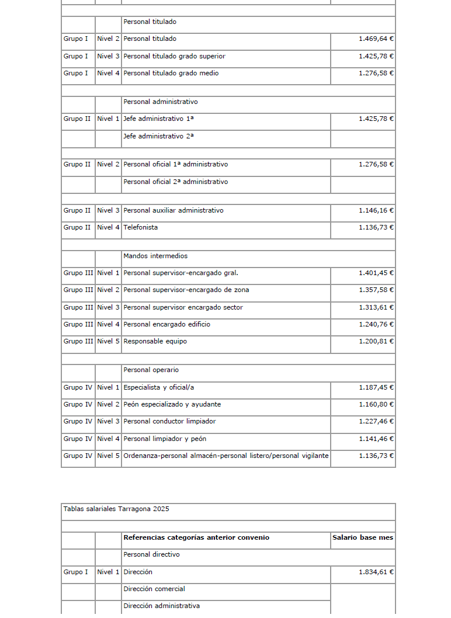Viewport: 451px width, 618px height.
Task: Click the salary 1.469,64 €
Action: click(376, 39)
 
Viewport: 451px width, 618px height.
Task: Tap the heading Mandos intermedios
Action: click(155, 256)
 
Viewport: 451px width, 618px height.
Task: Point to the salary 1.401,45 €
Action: click(376, 273)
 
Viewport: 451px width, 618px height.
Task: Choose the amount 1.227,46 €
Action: click(376, 422)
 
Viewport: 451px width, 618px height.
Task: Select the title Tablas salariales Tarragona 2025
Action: click(116, 509)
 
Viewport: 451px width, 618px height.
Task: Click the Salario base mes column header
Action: click(363, 538)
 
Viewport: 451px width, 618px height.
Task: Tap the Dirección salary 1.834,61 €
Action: click(376, 572)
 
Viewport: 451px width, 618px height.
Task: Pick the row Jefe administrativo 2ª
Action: click(158, 136)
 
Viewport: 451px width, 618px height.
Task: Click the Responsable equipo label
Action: click(155, 342)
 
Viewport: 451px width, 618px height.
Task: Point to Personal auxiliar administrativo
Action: click(173, 211)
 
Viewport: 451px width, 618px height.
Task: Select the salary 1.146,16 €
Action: click(376, 211)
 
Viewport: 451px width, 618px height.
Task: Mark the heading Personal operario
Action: click(151, 370)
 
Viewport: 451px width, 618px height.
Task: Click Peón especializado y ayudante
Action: click(172, 405)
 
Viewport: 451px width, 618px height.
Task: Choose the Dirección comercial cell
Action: click(154, 589)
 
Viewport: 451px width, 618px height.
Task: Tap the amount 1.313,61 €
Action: click(376, 308)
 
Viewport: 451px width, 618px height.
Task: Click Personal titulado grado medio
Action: click(171, 74)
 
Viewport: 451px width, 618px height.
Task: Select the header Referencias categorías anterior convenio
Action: click(196, 538)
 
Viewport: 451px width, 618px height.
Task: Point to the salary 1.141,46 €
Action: click(376, 439)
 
